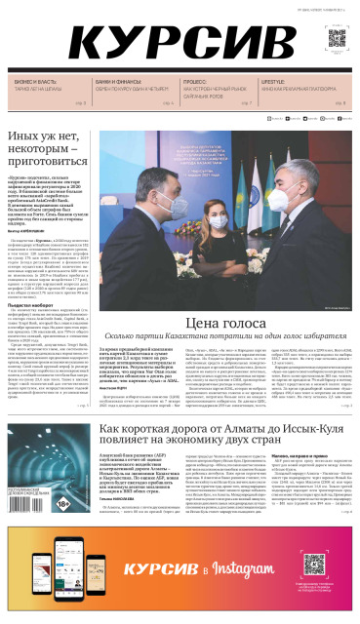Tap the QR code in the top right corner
[x=336, y=38]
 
